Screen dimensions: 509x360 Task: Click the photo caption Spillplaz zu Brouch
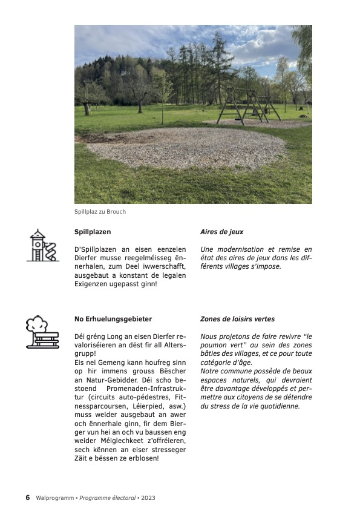point(100,212)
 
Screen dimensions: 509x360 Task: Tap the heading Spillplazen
point(93,232)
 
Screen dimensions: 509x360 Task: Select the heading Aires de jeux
point(221,232)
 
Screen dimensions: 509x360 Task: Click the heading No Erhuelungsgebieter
point(113,319)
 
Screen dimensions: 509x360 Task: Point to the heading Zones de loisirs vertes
point(237,319)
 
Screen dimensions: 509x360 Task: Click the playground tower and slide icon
point(42,246)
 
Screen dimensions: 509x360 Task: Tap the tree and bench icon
point(42,332)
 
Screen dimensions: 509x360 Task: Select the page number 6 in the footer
point(27,498)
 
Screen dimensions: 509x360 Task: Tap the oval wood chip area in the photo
point(185,147)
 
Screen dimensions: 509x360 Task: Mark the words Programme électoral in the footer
point(109,498)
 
